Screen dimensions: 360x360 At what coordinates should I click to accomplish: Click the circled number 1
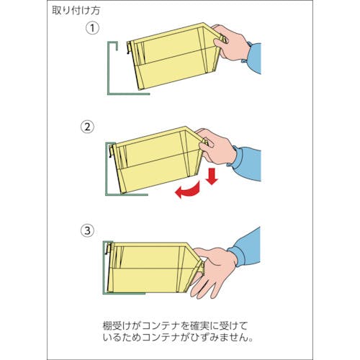click(x=92, y=28)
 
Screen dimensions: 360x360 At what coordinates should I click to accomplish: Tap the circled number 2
click(x=87, y=127)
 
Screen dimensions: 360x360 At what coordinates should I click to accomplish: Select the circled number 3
click(x=87, y=231)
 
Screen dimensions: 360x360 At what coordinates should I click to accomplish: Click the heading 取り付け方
click(x=76, y=11)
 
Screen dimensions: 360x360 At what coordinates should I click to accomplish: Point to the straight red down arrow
click(x=212, y=176)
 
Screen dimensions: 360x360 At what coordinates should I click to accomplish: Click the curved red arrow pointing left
click(x=189, y=191)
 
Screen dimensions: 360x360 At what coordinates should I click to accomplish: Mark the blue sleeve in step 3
click(x=246, y=247)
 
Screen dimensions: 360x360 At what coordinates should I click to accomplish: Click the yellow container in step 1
click(x=175, y=56)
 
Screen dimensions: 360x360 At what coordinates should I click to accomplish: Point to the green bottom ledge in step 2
click(x=127, y=194)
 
